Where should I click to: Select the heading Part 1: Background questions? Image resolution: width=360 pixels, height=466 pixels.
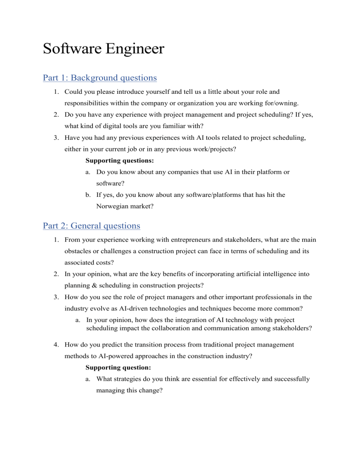(99, 77)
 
